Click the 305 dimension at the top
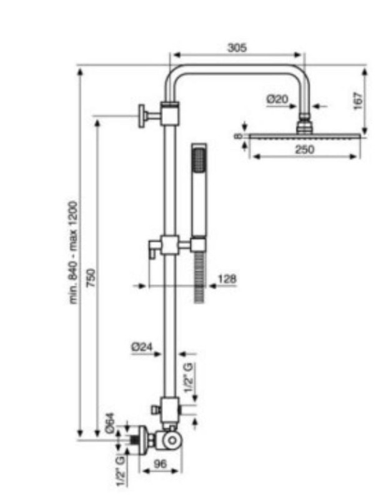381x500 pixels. tap(237, 48)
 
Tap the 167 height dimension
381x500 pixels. tap(359, 101)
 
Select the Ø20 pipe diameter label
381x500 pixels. tap(277, 99)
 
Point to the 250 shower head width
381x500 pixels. tap(305, 149)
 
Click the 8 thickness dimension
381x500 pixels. tap(238, 136)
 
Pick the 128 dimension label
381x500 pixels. tap(227, 279)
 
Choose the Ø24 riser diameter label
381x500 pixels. tap(142, 347)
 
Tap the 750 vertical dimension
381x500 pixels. tap(91, 277)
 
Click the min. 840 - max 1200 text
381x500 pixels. tap(73, 252)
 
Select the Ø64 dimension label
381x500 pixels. tap(109, 424)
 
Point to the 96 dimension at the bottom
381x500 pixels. tap(160, 464)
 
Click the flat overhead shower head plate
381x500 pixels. tap(305, 136)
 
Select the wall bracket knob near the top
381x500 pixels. tap(142, 116)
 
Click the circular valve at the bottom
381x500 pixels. tap(172, 441)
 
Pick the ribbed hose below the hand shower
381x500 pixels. tap(199, 277)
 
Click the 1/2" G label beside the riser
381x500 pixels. tap(189, 378)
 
